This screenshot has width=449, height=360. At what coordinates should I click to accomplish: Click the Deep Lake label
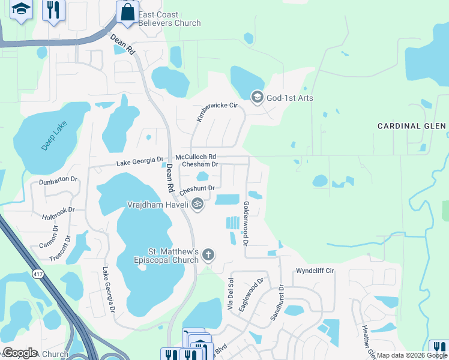(55, 136)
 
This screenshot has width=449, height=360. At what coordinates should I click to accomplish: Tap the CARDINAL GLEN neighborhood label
(411, 126)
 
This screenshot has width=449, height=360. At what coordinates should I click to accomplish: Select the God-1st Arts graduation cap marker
(258, 97)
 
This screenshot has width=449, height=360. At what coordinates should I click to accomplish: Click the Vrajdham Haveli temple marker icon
(197, 205)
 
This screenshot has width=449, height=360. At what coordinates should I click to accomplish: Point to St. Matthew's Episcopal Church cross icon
(208, 255)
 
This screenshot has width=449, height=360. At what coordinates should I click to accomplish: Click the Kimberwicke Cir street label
(217, 112)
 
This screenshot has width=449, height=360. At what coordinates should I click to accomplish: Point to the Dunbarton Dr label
(58, 180)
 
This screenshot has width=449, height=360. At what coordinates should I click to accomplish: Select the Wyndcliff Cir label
(315, 271)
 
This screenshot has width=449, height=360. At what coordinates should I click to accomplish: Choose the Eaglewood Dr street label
(252, 294)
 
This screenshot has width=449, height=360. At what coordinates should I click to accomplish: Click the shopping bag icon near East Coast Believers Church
(127, 12)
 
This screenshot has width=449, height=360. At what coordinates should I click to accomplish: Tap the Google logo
(20, 352)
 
